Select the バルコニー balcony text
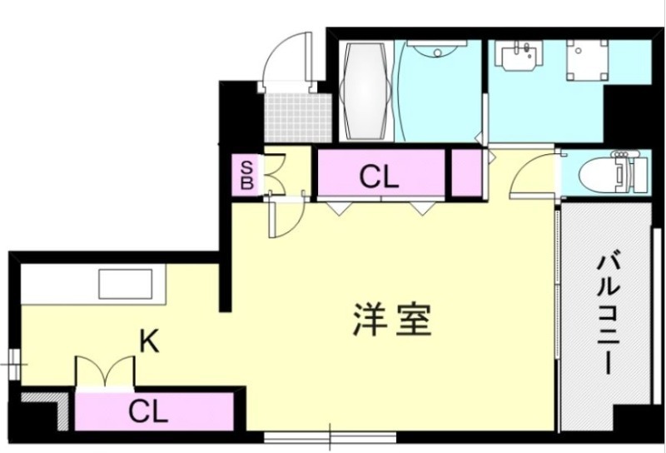point(607,313)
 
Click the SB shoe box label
point(246,174)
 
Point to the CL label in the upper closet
point(379,176)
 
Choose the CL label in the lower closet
point(149,411)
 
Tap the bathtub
point(365,93)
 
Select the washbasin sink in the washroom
point(519,58)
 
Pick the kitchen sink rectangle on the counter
point(125,284)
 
